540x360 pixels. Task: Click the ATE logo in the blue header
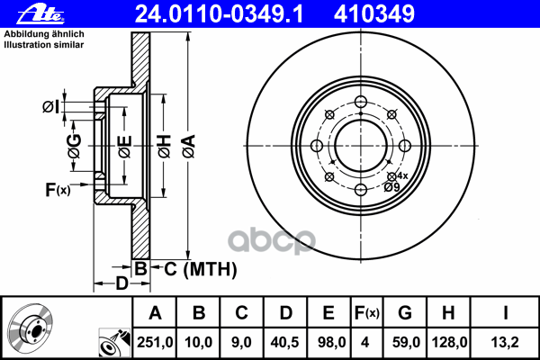40,13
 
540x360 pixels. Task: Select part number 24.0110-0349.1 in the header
219,14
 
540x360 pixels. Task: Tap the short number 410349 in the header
374,14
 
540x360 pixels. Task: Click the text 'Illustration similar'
44,45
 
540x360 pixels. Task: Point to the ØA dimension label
189,146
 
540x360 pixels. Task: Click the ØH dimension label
165,146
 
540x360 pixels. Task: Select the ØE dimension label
125,147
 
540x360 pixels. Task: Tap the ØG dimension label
75,146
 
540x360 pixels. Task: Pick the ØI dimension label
51,107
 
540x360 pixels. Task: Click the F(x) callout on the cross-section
58,190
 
